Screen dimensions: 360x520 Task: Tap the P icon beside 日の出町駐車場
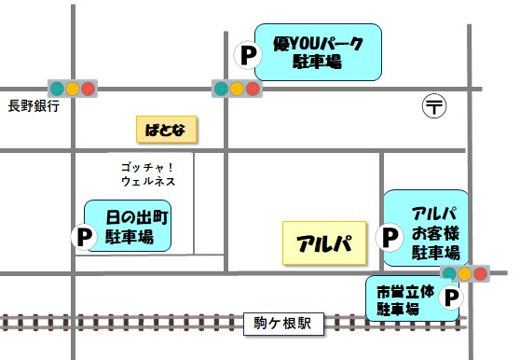pos(85,237)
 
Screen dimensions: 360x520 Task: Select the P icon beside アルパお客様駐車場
pos(390,237)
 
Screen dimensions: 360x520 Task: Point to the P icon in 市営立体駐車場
pos(450,298)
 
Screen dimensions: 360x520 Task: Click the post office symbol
pos(434,105)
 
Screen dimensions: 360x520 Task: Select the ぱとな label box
pos(166,129)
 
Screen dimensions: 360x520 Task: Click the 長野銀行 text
pos(33,105)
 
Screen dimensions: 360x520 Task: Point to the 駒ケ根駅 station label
pos(282,324)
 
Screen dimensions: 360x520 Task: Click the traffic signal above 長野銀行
pos(73,89)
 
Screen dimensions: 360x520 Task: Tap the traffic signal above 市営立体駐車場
pos(465,273)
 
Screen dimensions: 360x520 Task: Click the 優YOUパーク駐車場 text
pos(318,51)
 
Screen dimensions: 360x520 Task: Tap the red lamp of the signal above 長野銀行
pos(89,89)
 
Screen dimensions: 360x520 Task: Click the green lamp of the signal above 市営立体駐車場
pos(449,273)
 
